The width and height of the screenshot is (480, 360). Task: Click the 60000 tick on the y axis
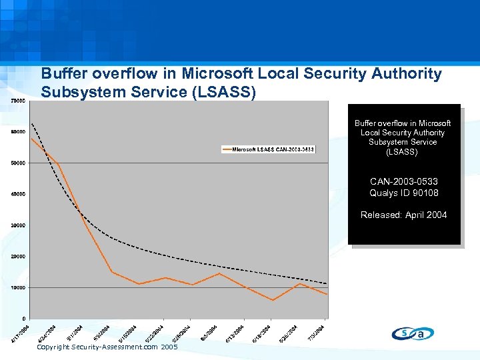(19, 131)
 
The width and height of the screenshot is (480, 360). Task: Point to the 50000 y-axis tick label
(19, 163)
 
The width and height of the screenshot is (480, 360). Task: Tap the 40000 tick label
(19, 194)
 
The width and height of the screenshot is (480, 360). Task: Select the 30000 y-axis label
(19, 225)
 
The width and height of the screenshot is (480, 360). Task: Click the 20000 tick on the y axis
(19, 256)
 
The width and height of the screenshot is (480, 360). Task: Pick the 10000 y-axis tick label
(19, 287)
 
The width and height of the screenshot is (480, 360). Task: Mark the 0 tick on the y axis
(25, 319)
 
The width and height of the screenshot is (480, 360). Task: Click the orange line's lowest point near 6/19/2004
(273, 300)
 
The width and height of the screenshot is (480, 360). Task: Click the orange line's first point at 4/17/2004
(31, 138)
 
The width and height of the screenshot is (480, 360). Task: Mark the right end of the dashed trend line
(327, 283)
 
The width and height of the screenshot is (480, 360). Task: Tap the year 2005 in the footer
(169, 347)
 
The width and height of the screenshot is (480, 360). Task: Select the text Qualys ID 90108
(404, 193)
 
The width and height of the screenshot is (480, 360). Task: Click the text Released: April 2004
(404, 215)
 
